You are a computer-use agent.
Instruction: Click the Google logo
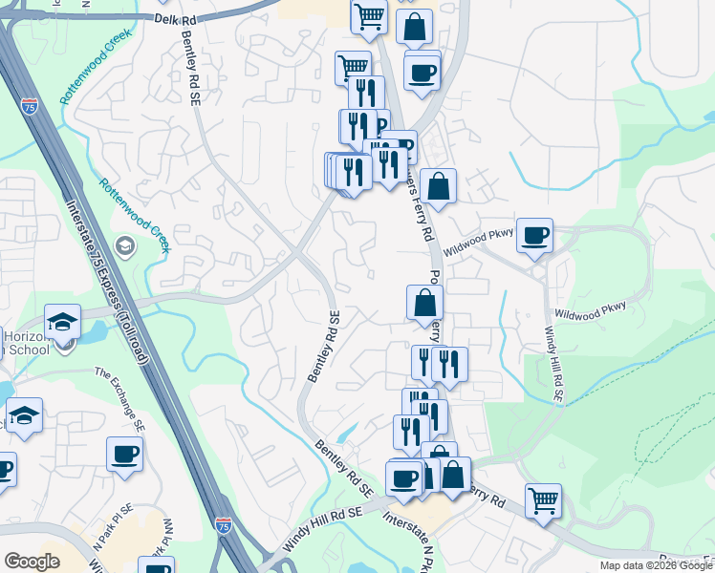(x=31, y=562)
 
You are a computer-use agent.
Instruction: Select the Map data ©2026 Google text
(x=655, y=565)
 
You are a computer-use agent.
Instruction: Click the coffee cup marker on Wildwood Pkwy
(x=535, y=234)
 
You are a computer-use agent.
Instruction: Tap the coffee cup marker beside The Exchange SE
(x=124, y=454)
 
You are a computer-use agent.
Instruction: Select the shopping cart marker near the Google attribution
(x=543, y=499)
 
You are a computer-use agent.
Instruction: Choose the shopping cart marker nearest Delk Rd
(x=368, y=15)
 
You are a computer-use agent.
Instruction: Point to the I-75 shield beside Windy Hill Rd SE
(x=223, y=525)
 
